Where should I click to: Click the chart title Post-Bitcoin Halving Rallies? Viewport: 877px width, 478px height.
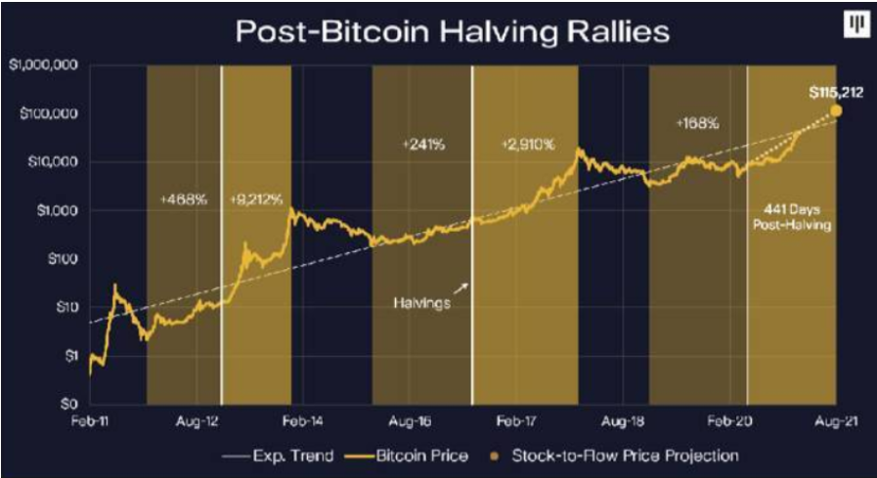click(451, 31)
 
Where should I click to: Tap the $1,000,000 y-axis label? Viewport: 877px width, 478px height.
click(42, 65)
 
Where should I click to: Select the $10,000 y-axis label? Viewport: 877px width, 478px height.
click(49, 162)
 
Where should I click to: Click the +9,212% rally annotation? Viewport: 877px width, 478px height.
click(256, 199)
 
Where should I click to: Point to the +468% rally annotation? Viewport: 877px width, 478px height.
click(183, 199)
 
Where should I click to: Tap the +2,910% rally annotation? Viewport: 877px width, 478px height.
click(528, 145)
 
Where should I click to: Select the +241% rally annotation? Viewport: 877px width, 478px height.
click(423, 145)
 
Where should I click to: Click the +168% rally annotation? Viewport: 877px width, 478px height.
click(697, 124)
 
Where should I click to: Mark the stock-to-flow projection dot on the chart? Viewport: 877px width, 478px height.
click(837, 111)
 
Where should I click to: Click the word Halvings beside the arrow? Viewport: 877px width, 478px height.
click(423, 303)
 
